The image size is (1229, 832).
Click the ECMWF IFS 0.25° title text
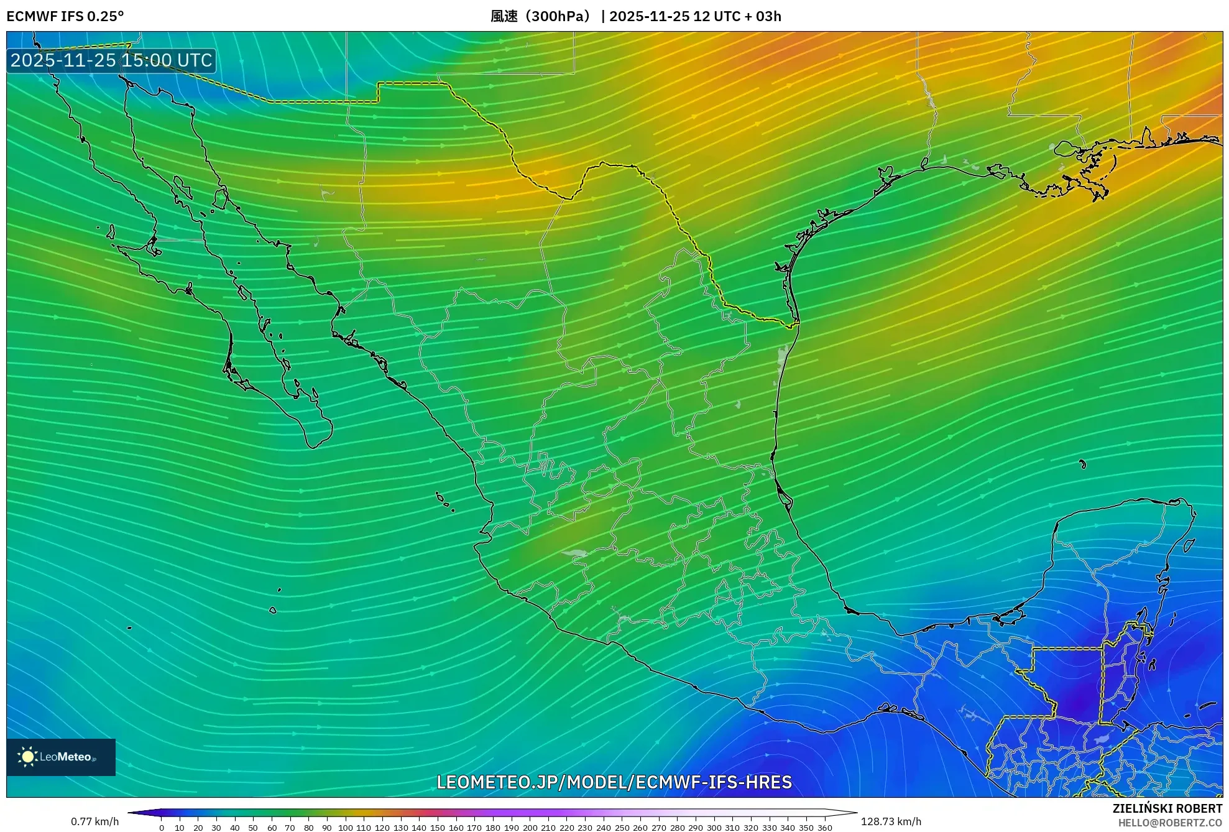pos(65,16)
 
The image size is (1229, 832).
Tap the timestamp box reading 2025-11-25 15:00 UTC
pos(111,60)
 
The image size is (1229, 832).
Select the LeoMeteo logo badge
pos(61,757)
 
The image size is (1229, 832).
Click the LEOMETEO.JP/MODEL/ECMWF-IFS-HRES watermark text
pos(614,782)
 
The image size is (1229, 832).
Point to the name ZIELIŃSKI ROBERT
pos(1167,808)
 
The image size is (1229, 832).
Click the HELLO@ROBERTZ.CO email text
pos(1170,823)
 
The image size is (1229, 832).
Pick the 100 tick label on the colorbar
pos(345,828)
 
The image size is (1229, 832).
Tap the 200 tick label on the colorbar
pos(530,828)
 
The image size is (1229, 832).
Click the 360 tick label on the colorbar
pos(824,828)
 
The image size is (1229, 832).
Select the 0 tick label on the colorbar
pos(162,828)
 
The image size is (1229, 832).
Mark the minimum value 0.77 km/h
pos(94,821)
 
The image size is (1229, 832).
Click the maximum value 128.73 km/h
pos(891,821)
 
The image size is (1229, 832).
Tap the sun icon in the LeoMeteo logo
pos(27,757)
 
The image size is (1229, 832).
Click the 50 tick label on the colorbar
pos(253,828)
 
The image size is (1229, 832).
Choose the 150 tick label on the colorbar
pos(438,828)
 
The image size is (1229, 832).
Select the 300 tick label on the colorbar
pos(714,828)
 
